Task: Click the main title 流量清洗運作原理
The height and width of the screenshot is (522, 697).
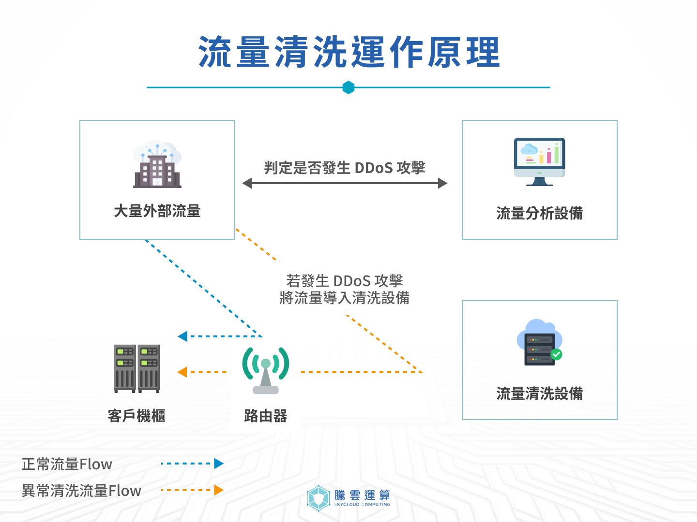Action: (348, 52)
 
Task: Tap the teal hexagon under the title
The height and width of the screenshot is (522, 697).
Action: (348, 87)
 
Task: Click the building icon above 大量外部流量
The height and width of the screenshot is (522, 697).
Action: (157, 165)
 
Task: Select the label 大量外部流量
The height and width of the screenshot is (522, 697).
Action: (157, 211)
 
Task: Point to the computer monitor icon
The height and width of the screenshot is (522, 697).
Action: (539, 161)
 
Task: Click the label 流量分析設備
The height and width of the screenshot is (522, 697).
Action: (539, 213)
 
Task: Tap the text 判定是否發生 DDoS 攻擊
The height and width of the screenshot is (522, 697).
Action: (345, 168)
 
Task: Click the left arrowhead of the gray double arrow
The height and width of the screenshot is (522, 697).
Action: (247, 183)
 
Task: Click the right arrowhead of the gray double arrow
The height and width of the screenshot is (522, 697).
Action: (442, 183)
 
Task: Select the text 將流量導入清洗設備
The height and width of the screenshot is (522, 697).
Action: (345, 298)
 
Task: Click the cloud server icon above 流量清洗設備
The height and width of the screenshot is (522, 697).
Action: (539, 342)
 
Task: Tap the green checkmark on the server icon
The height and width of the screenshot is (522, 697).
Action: (557, 354)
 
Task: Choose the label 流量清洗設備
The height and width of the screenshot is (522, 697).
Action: (539, 393)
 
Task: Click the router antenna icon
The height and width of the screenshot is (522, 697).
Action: (266, 370)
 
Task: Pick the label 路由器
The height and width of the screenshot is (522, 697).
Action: (266, 416)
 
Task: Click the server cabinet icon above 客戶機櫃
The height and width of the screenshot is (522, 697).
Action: (137, 368)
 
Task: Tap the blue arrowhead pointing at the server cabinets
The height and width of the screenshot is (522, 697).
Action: (182, 336)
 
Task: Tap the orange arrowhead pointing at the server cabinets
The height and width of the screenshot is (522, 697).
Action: (182, 372)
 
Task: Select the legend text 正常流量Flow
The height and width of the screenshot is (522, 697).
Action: (67, 464)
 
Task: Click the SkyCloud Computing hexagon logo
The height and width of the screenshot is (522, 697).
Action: (318, 498)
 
